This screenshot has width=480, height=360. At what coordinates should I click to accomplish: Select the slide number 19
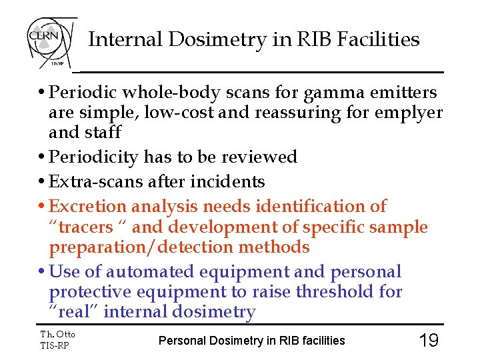click(428, 341)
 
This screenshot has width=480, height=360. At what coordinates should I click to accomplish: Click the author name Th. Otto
click(58, 335)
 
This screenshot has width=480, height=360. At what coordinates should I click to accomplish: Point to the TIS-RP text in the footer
click(55, 345)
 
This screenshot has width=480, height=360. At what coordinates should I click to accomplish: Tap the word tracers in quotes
click(86, 227)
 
